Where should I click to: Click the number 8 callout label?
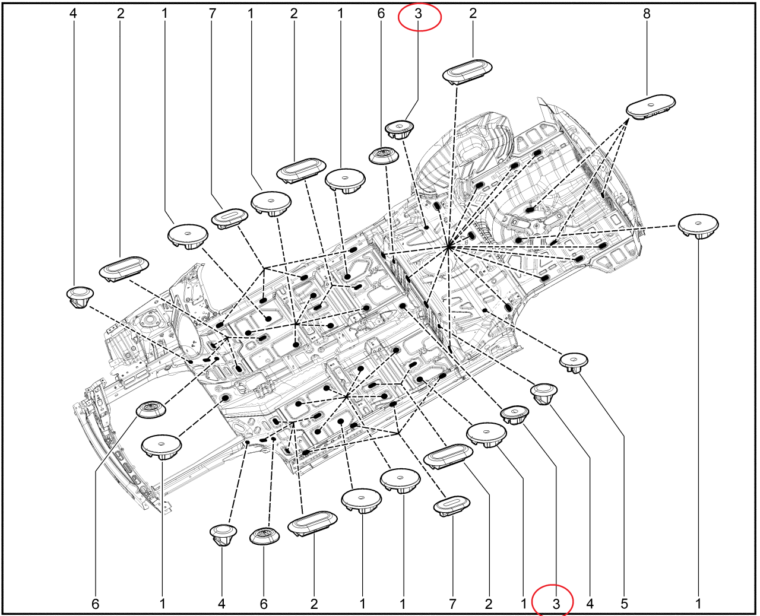coord(647,14)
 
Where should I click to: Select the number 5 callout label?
coord(623,604)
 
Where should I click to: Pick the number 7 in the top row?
coord(213,14)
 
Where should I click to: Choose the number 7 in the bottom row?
coord(452,604)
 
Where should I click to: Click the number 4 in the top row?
coord(73,14)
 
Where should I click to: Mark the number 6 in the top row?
coord(381,14)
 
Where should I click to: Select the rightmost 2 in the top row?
coord(473,14)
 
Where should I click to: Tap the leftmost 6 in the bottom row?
coord(95,604)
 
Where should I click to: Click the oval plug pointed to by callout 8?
coord(651,106)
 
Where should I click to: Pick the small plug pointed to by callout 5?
coord(574,363)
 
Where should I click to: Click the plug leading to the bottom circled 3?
coord(515,414)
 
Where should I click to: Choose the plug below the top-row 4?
coord(80,297)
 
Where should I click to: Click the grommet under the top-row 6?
coord(384,155)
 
